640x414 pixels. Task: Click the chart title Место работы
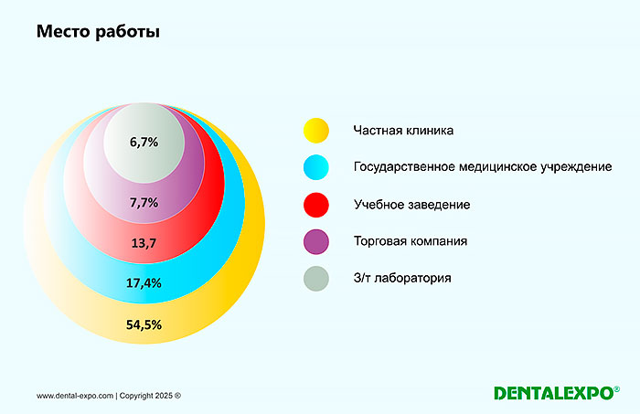(98, 33)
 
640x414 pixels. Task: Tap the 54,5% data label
(144, 324)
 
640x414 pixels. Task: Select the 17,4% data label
(144, 283)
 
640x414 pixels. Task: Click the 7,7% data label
(144, 202)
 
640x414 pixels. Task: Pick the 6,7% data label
(144, 143)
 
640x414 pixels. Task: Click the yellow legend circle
(315, 131)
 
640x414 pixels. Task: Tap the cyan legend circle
(315, 167)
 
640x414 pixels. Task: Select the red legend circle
(315, 205)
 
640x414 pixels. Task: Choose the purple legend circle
(315, 241)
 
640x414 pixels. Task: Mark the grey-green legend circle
(315, 279)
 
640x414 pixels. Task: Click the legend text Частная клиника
(403, 131)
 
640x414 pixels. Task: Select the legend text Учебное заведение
(411, 205)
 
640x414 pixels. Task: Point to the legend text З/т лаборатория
(402, 279)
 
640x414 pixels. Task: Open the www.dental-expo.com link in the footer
(75, 396)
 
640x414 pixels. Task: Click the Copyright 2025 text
(151, 396)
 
